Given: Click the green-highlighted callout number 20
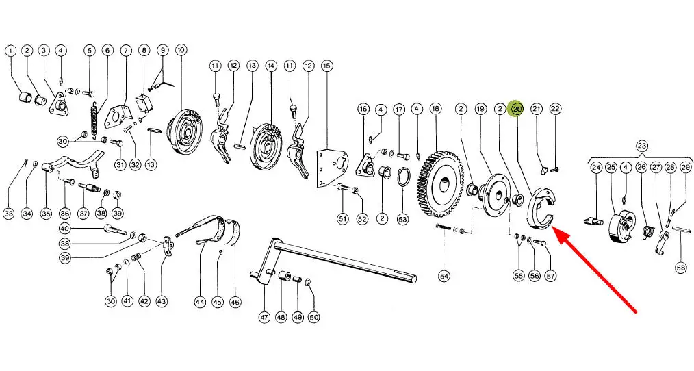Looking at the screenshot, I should coord(517,109).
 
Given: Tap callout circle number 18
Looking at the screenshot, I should coord(435,109).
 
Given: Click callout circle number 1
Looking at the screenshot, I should coord(10,51).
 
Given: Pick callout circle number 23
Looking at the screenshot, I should coord(641,145).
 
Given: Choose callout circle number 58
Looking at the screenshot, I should coord(680,268).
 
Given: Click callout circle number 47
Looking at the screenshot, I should coord(264,317).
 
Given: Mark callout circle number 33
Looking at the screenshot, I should coord(9,214).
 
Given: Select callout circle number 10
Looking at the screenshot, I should coord(181,51).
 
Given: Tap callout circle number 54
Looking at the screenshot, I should coord(444,276).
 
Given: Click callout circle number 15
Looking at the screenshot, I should coord(326,66).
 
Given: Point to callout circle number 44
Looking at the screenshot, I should coord(200,301).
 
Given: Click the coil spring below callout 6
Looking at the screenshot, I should coord(94,120).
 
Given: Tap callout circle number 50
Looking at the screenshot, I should coord(314,317).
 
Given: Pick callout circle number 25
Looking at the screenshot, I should coord(611,167).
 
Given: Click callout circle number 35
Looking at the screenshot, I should coord(46,214).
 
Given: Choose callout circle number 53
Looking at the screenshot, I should coord(402,219).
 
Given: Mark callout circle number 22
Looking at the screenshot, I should coord(555,109).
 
